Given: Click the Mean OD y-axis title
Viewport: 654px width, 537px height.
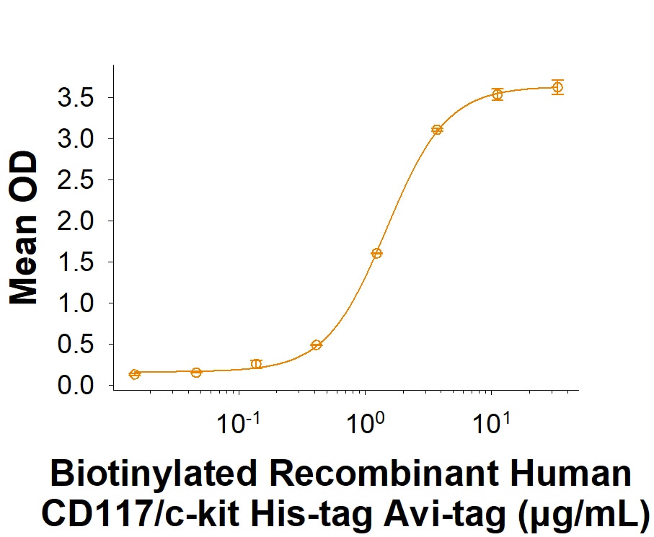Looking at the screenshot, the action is click(x=24, y=228).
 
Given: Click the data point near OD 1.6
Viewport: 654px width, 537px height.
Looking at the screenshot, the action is click(x=376, y=253).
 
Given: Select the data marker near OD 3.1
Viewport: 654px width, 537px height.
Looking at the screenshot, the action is click(x=437, y=130).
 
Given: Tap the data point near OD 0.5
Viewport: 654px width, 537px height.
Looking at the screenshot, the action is click(x=316, y=345).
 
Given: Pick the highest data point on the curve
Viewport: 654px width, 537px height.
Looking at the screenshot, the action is click(x=557, y=87).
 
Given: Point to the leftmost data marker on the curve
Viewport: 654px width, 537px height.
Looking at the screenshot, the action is click(x=134, y=374).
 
